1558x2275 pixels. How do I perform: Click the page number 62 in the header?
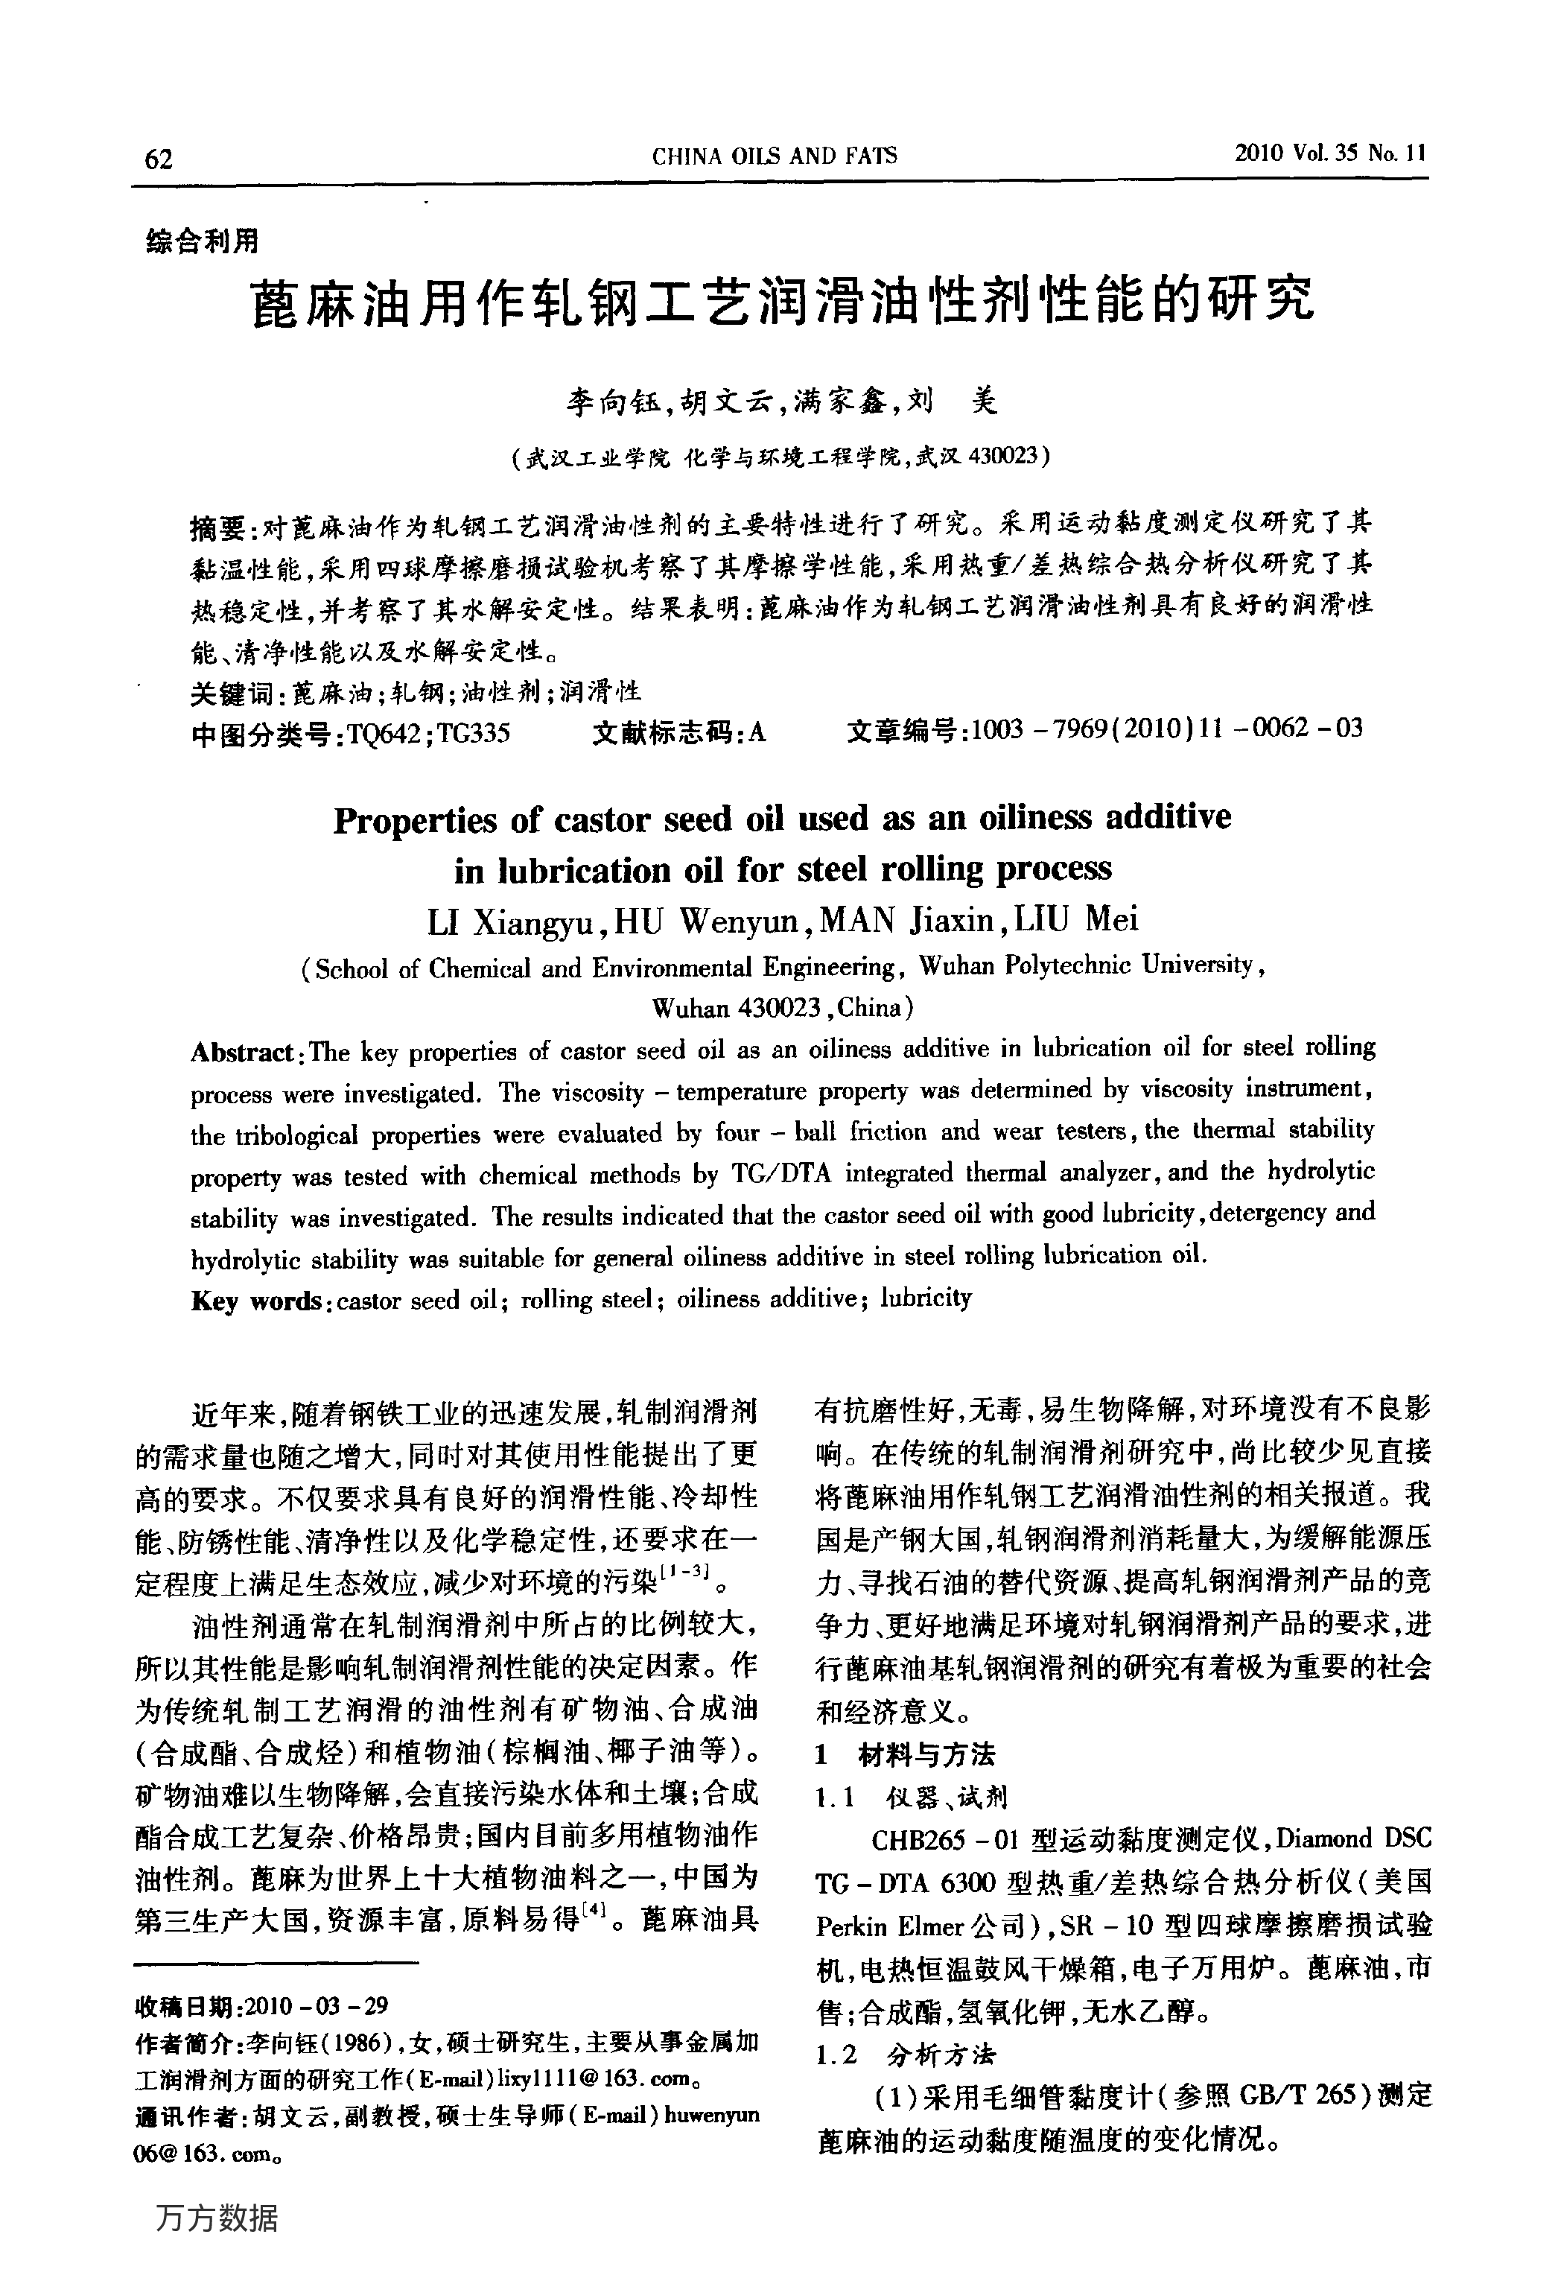tap(159, 159)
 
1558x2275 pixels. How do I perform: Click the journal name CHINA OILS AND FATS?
tap(774, 156)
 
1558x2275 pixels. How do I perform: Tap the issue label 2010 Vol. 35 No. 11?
tap(1330, 153)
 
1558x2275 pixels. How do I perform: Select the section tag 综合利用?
tap(203, 241)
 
